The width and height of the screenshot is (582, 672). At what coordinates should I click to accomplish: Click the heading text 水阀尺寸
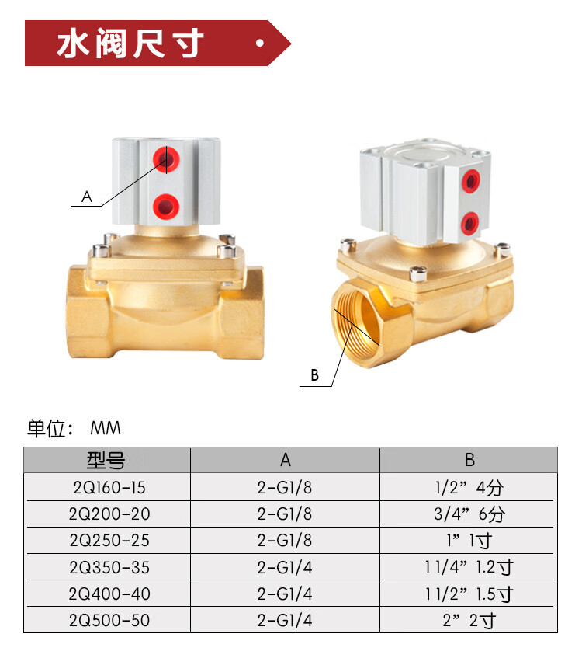tap(130, 43)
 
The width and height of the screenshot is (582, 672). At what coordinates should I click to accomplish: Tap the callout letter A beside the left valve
tap(87, 197)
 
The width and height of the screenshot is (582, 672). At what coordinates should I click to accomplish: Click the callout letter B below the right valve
tap(314, 375)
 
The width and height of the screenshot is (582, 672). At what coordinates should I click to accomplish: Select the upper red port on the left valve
tap(166, 159)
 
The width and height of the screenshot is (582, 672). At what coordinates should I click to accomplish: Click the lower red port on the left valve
tap(166, 207)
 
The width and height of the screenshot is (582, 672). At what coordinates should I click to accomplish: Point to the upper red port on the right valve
tap(471, 181)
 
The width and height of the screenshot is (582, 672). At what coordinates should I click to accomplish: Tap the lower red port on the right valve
tap(470, 223)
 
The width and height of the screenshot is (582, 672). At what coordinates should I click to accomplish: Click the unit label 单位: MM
tap(74, 428)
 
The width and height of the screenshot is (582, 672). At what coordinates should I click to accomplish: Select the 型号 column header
tap(106, 460)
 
